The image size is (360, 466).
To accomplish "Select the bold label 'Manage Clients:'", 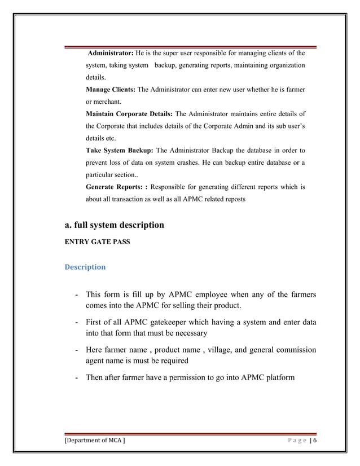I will [111, 90].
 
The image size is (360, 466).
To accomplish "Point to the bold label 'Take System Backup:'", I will [119, 151].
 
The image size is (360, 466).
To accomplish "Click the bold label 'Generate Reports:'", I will [116, 187].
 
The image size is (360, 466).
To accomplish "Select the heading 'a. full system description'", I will [115, 225].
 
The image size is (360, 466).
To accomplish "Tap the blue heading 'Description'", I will [85, 267].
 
